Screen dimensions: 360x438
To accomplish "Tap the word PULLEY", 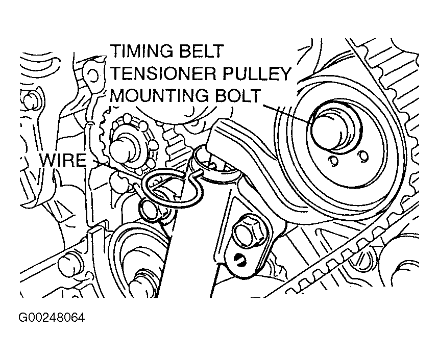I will [260, 73].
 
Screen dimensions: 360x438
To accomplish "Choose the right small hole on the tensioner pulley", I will [363, 156].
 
